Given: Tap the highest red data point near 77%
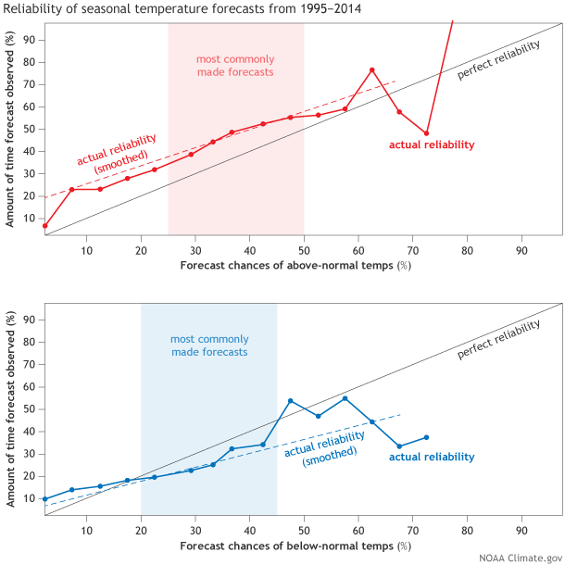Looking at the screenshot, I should pyautogui.click(x=372, y=70).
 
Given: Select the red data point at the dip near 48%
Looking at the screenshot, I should pyautogui.click(x=427, y=133).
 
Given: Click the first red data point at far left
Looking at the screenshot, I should pyautogui.click(x=44, y=225).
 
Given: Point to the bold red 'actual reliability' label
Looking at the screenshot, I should pyautogui.click(x=432, y=144).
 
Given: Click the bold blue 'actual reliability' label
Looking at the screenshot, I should pyautogui.click(x=432, y=457).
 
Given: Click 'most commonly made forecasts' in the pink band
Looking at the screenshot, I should pyautogui.click(x=235, y=65).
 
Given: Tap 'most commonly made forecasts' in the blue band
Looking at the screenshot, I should pyautogui.click(x=208, y=345).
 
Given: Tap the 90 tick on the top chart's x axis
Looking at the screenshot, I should pyautogui.click(x=521, y=247).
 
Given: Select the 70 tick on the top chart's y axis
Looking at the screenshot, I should pyautogui.click(x=28, y=84).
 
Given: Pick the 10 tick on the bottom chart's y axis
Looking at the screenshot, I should pyautogui.click(x=28, y=498).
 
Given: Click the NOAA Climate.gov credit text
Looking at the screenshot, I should pyautogui.click(x=520, y=557).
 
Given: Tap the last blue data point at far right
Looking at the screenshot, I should pyautogui.click(x=427, y=437).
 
